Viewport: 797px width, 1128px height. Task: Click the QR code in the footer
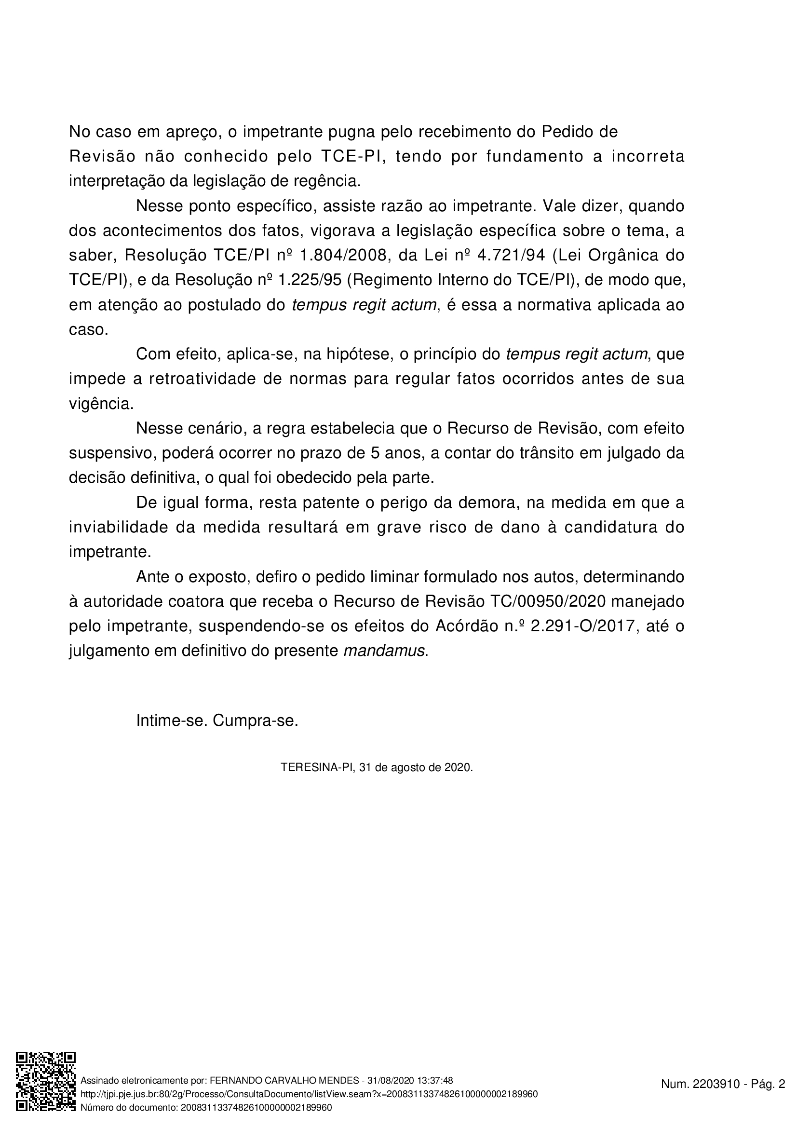click(46, 1080)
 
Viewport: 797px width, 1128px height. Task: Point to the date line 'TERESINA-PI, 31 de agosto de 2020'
click(377, 767)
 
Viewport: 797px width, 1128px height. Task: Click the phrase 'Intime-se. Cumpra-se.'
click(217, 720)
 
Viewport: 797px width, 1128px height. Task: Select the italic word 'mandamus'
click(384, 651)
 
